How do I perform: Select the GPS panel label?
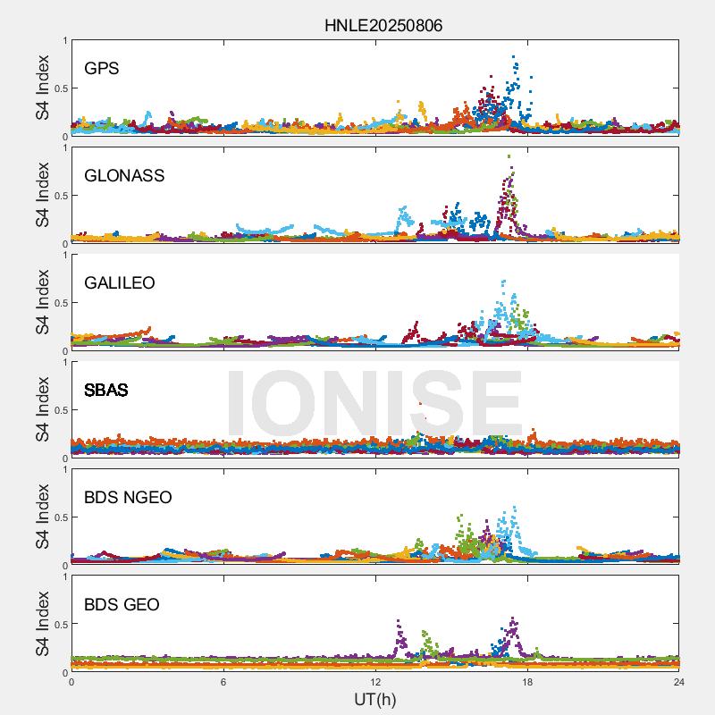(102, 68)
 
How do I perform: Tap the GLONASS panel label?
(124, 175)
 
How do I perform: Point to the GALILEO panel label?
(120, 282)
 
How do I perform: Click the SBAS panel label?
(106, 390)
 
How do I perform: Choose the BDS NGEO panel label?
(128, 497)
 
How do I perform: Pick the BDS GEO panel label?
(122, 604)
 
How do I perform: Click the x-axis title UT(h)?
(374, 699)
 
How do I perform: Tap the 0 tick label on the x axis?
(71, 682)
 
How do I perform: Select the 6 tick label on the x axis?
(223, 682)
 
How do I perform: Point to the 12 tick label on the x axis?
(375, 682)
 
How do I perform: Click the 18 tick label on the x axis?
(527, 682)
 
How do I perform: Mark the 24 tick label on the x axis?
(679, 682)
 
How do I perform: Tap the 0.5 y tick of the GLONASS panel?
(59, 195)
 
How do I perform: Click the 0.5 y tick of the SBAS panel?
(59, 409)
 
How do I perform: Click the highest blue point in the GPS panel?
(514, 57)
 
